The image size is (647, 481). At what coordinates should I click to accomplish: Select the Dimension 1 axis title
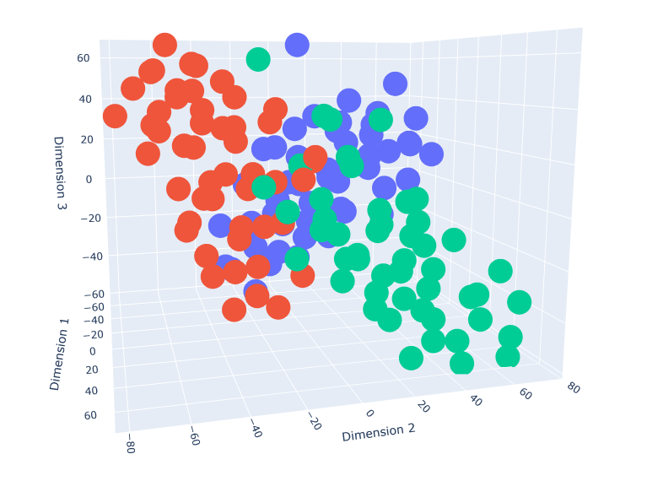tap(60, 354)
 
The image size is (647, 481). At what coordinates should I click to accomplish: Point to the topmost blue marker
tap(296, 45)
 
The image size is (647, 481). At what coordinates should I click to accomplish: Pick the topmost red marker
tap(164, 45)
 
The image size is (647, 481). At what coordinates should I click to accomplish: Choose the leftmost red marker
tap(115, 116)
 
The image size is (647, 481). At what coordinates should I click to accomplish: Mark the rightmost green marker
tap(520, 302)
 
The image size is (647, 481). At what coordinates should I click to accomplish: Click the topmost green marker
tap(258, 59)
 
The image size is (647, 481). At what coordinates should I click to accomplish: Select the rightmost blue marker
tap(431, 154)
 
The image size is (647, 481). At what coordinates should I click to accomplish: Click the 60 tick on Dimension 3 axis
tap(84, 58)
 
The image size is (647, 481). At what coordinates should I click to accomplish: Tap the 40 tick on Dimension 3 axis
tap(86, 99)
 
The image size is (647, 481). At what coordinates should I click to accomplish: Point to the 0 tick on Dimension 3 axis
tap(89, 179)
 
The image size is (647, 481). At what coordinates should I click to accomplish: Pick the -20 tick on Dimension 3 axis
tap(94, 218)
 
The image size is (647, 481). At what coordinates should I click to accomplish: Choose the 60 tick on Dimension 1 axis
tap(90, 415)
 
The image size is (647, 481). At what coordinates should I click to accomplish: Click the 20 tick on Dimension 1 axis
tap(91, 370)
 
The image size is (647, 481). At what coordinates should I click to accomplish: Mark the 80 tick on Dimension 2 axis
tap(573, 387)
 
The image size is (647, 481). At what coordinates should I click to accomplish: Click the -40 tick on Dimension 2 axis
tap(256, 431)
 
